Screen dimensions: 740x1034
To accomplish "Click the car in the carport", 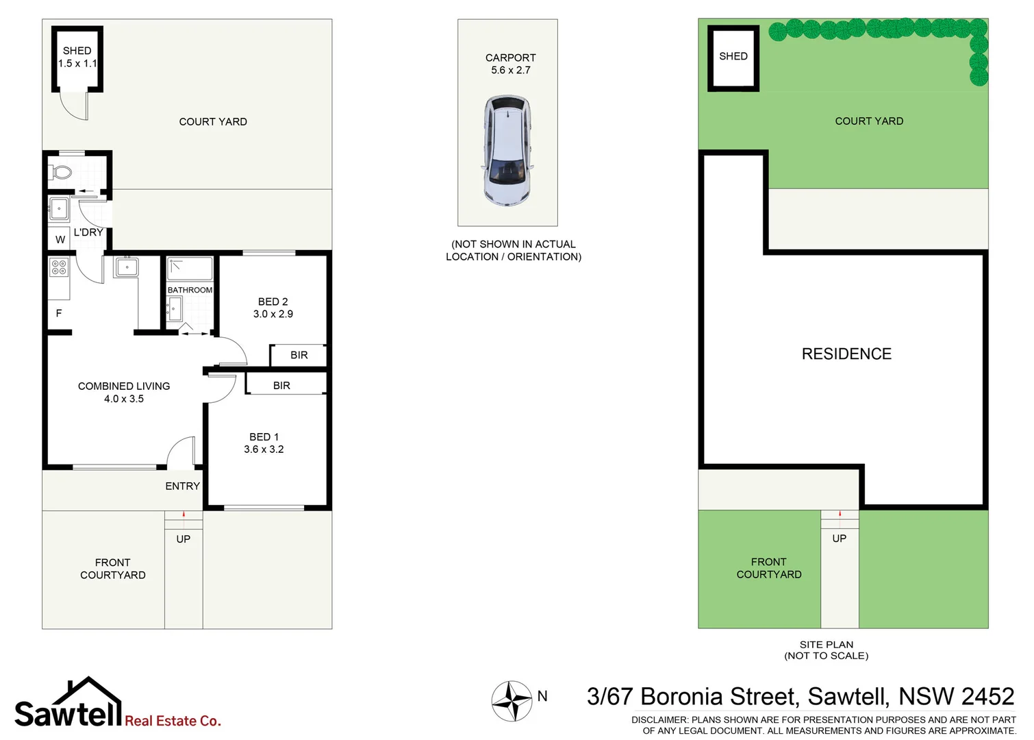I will [507, 151].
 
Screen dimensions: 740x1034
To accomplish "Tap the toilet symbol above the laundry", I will [62, 171].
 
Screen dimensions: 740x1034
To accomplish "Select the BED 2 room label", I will [273, 301].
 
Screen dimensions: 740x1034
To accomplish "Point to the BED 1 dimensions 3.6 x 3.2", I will [264, 449].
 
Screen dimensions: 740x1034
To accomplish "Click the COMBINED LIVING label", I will [124, 386].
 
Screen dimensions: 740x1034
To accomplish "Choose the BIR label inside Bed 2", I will [299, 355].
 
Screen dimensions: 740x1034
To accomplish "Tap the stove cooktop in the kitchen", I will [59, 267].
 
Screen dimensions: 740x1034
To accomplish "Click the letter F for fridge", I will [59, 313].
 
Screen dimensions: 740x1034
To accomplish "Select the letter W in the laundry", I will [60, 240].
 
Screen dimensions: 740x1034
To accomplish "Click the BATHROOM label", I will [190, 291].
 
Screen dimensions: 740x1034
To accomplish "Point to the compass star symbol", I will [512, 701].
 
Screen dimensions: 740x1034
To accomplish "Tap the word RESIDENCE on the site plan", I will [846, 354].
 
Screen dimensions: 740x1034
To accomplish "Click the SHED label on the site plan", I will [733, 56].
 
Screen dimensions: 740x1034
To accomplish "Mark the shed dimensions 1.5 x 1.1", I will [77, 63].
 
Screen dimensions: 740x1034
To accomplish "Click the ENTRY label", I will [182, 486].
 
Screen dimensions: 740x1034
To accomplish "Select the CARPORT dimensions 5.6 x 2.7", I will [511, 70].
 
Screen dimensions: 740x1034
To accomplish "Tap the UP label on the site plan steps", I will [840, 539].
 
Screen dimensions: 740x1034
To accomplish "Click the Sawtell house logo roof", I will [88, 685].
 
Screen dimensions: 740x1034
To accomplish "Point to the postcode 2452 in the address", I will [987, 697].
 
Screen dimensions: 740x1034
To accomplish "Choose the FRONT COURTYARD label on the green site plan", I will [769, 568].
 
